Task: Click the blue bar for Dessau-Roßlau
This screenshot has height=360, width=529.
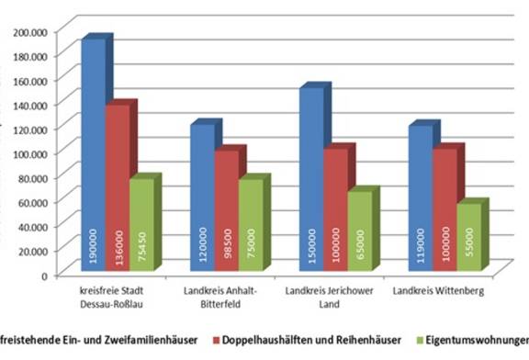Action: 94,156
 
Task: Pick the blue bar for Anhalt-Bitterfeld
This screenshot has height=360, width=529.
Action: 201,197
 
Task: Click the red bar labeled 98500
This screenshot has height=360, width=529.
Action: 225,210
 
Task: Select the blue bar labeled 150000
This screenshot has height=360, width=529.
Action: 311,179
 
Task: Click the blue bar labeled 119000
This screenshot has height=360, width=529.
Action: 419,197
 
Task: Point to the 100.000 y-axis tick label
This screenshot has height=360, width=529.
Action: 29,152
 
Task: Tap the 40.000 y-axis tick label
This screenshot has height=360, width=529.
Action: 32,226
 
